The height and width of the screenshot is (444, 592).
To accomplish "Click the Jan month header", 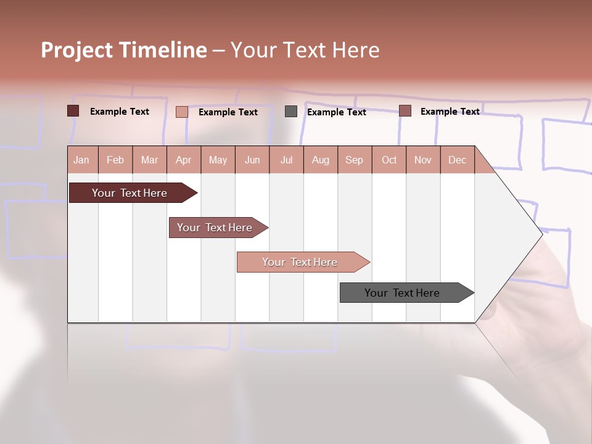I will point(82,160).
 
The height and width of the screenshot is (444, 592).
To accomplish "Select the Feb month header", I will point(115,160).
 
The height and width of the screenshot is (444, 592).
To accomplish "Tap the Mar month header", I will point(149,160).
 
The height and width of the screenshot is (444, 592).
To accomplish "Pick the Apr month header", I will point(184,160).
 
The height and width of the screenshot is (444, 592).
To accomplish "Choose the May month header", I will point(218,160).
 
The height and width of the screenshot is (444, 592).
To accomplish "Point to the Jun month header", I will point(252,160).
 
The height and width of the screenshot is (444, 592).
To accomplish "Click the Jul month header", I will point(286,160).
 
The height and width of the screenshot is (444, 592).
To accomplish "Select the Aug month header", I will point(321,160).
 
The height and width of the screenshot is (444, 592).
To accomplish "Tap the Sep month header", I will point(355,160).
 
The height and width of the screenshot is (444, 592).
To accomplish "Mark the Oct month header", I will point(389,160).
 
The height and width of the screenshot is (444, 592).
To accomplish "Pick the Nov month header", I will point(423,160).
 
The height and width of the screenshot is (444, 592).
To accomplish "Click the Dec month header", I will point(457,160).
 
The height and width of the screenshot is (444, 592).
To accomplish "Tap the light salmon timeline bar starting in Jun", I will point(300,262).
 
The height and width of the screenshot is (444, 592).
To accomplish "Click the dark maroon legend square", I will point(73,111).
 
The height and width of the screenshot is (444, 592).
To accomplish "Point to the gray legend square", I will point(291,111).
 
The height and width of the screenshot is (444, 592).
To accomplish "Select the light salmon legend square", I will point(182,112).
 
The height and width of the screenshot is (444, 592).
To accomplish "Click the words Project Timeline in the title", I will point(124,50).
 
